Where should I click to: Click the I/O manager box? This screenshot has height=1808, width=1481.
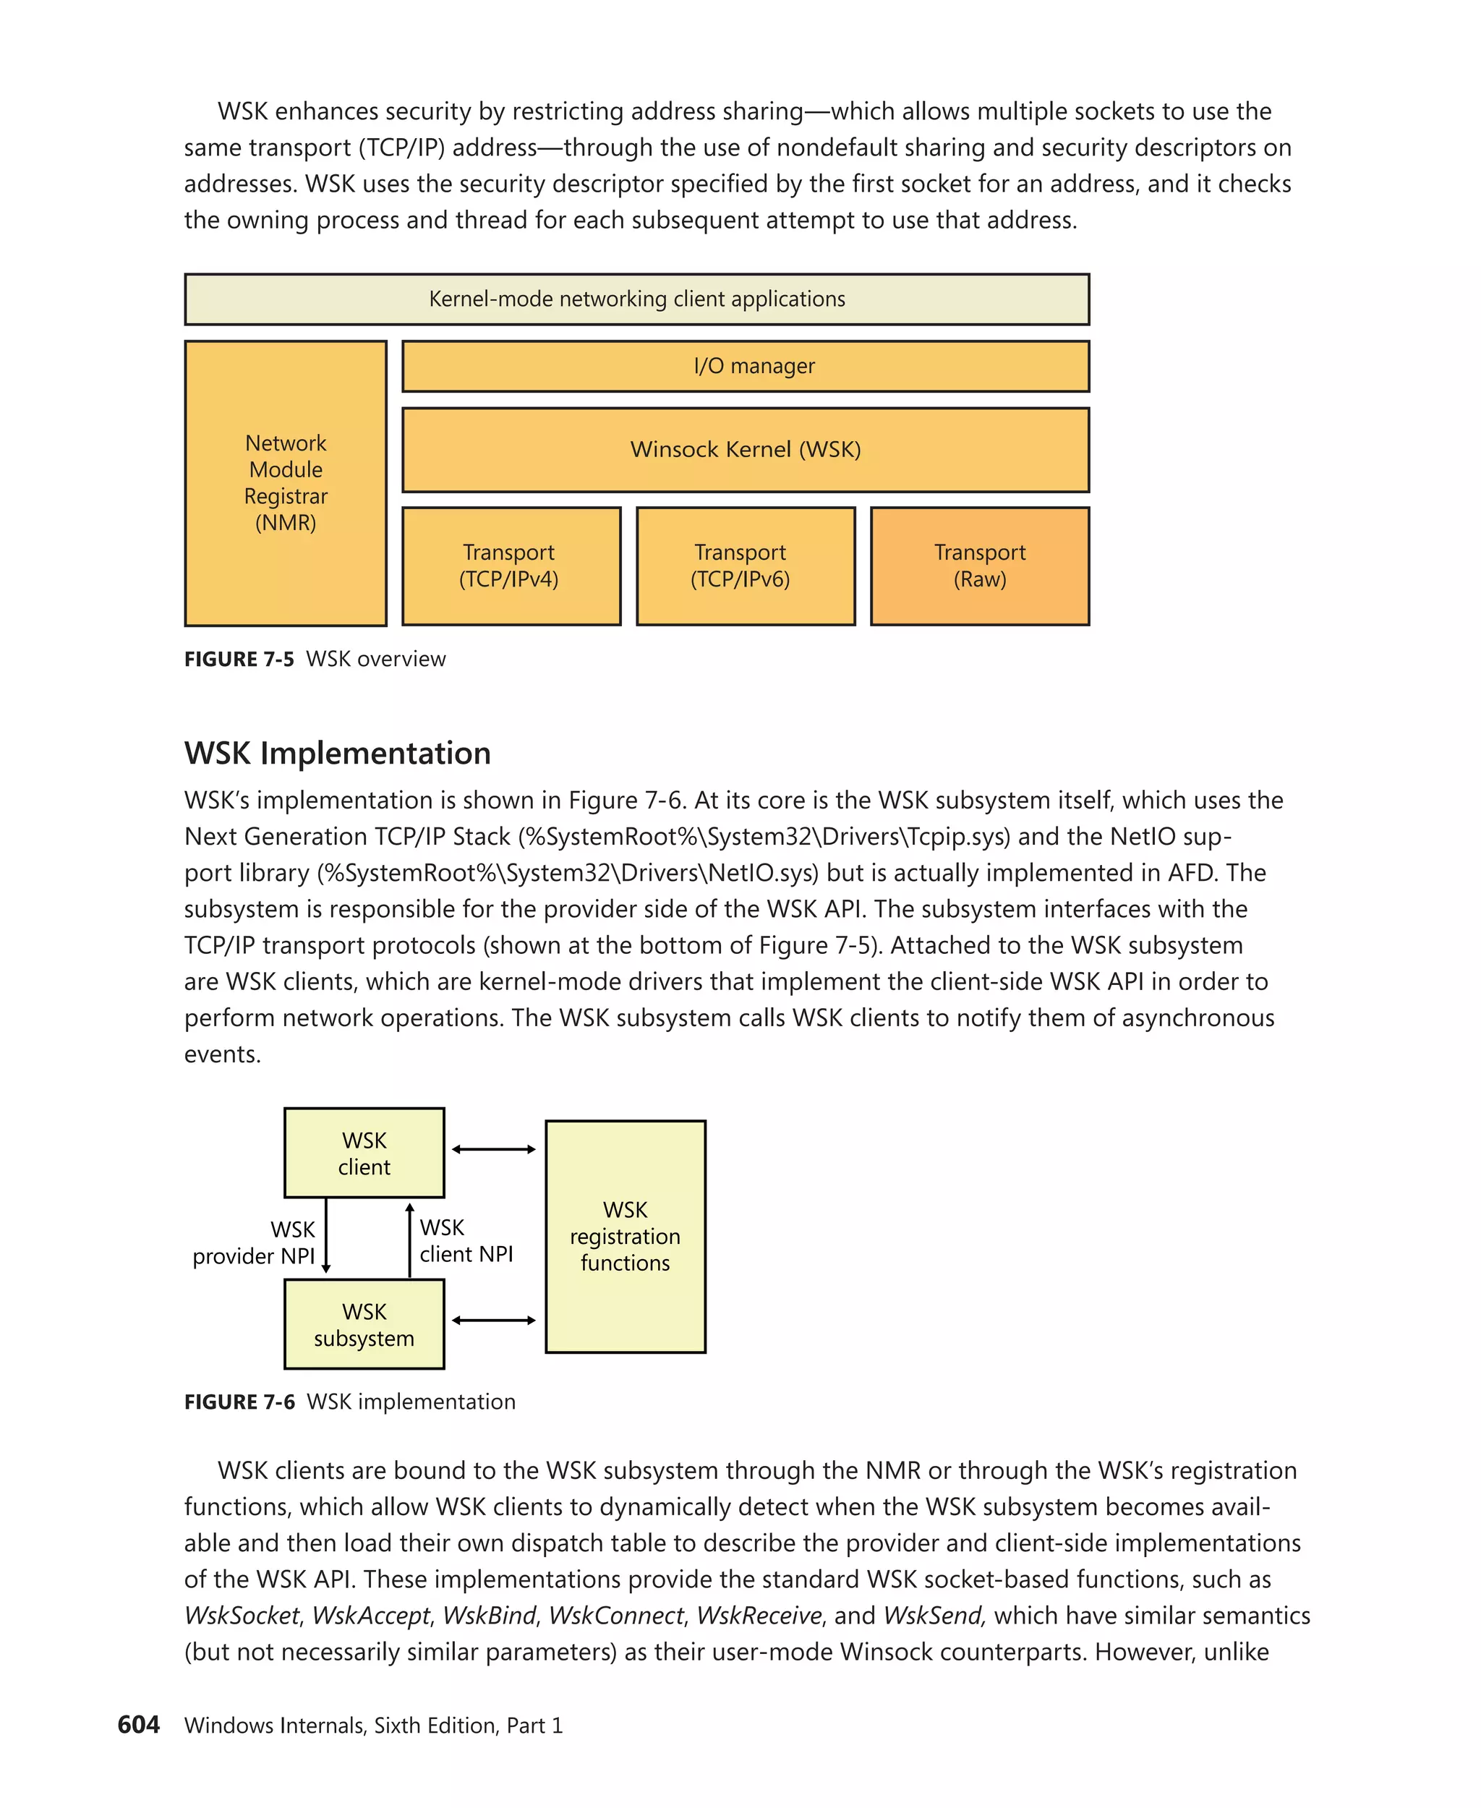(745, 366)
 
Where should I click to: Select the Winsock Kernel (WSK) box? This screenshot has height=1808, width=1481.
(745, 450)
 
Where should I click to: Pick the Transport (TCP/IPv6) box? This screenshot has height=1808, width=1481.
(745, 566)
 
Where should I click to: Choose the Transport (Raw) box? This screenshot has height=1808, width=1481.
(979, 566)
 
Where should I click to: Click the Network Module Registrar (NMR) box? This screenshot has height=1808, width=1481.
(285, 483)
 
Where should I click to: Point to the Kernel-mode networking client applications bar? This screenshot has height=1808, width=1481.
(636, 299)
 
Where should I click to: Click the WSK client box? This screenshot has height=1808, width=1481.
(364, 1153)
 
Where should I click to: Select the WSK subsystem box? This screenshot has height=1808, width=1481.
(364, 1324)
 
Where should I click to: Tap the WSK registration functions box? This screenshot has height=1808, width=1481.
(625, 1237)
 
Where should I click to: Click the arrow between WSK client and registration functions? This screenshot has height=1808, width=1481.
(493, 1149)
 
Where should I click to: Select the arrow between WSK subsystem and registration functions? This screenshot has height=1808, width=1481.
(493, 1320)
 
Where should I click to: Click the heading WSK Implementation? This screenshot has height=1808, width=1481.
(337, 754)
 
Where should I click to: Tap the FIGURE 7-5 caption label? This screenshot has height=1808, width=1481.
(239, 659)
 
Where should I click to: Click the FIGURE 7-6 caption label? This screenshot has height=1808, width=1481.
(239, 1402)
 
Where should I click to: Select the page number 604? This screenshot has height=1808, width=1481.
(138, 1724)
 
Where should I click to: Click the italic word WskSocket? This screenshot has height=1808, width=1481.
(242, 1615)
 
